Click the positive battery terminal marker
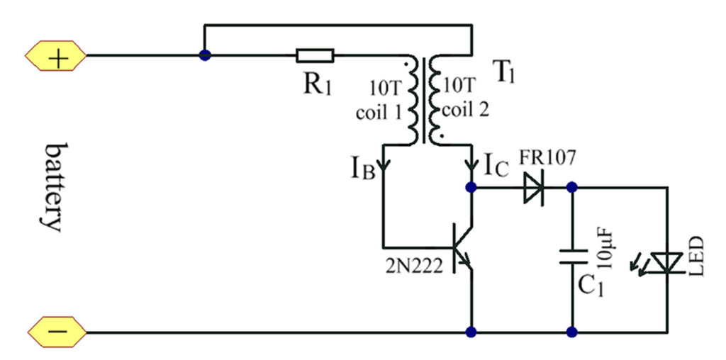click(57, 56)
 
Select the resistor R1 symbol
click(315, 56)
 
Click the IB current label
click(361, 169)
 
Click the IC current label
click(496, 167)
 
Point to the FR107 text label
click(542, 157)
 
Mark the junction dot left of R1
click(205, 56)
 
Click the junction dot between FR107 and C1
click(571, 189)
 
